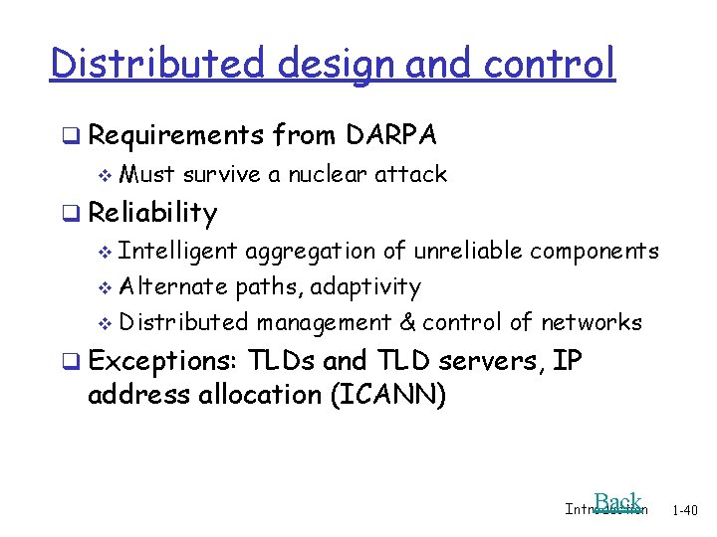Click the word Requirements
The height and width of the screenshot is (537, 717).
[x=175, y=134]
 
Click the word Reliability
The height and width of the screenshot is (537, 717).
[x=152, y=213]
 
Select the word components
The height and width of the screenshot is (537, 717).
[x=594, y=251]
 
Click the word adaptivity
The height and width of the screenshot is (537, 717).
[x=365, y=287]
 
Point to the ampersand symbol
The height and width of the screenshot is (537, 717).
[x=405, y=322]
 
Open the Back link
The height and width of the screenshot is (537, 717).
[x=616, y=502]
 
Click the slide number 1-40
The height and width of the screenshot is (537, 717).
[x=685, y=510]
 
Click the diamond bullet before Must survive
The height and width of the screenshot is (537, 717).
[x=107, y=175]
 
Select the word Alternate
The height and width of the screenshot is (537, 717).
[x=173, y=287]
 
